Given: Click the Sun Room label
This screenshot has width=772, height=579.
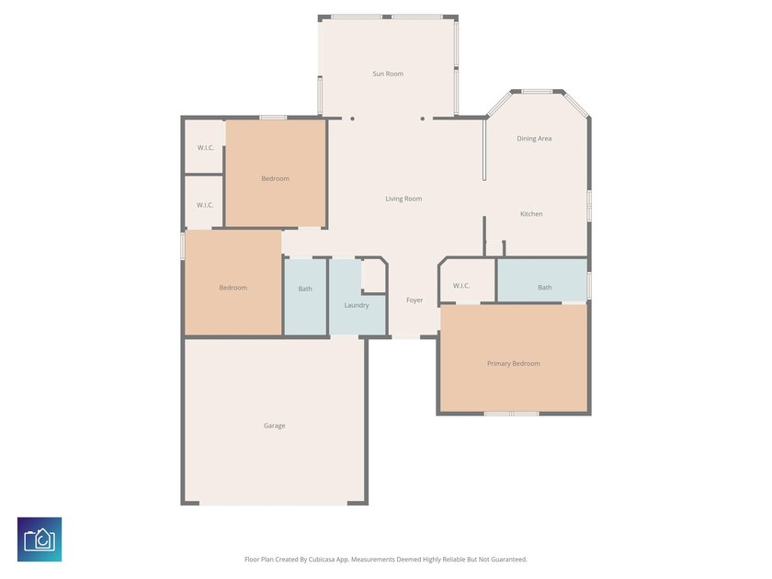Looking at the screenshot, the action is coord(388,74).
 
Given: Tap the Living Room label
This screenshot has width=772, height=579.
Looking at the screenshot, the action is coord(403,199).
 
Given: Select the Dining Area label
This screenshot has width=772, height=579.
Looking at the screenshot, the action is coord(534,139).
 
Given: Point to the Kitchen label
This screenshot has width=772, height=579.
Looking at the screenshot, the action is coord(531,214).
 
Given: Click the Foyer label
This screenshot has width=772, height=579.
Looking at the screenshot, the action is coord(414,301).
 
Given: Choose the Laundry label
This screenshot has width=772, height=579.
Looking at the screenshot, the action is coord(357,305).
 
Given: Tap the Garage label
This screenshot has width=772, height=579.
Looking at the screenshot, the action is coord(274,426).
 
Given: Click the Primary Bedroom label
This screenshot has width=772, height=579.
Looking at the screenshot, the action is coord(514,364).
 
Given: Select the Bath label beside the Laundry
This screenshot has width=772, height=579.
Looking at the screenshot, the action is coord(305,289).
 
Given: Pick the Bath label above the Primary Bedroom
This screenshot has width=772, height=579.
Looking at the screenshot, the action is coord(544,288).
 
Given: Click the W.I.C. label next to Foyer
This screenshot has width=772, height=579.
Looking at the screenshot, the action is coord(461,286).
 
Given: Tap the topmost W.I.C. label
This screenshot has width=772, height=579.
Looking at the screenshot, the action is coord(206,148).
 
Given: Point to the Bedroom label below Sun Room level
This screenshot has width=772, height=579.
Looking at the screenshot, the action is coord(275,178).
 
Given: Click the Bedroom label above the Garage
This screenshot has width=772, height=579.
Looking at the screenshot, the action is coord(233,288).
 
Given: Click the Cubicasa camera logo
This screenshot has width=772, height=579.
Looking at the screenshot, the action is coord(40,539).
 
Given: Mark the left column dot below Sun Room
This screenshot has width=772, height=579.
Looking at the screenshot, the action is coord(352,119).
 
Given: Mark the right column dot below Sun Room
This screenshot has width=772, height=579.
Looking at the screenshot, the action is coord(423,119).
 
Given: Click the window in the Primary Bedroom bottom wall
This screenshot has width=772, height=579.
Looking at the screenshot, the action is coord(512,414).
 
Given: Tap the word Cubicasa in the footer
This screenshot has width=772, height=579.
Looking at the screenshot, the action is coord(323,560).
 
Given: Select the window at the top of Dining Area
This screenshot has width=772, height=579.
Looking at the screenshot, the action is coord(537,92).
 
